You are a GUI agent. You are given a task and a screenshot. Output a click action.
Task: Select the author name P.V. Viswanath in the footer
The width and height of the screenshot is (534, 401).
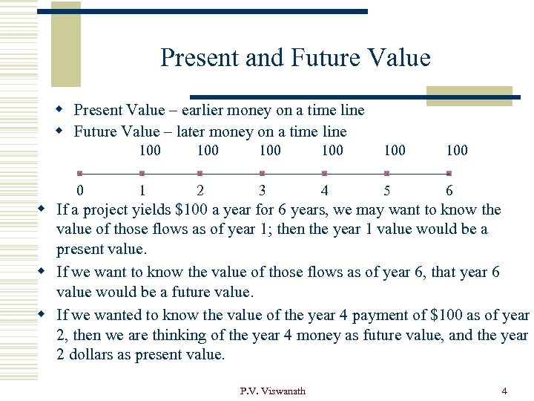point(272,391)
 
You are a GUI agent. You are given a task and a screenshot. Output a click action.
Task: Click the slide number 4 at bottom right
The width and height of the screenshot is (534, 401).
point(504,391)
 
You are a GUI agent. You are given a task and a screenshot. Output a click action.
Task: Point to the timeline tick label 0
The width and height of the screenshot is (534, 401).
point(80,191)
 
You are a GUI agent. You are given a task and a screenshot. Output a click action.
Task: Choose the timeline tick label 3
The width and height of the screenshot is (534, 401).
point(263,191)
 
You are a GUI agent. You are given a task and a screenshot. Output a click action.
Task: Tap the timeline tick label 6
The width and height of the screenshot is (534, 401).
point(449,191)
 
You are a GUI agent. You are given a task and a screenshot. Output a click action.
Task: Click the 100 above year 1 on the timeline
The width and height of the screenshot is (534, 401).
point(150,151)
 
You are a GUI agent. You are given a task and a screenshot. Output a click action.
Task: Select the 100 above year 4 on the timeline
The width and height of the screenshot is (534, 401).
point(332,151)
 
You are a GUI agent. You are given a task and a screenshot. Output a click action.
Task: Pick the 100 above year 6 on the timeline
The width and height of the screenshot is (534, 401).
point(457,151)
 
